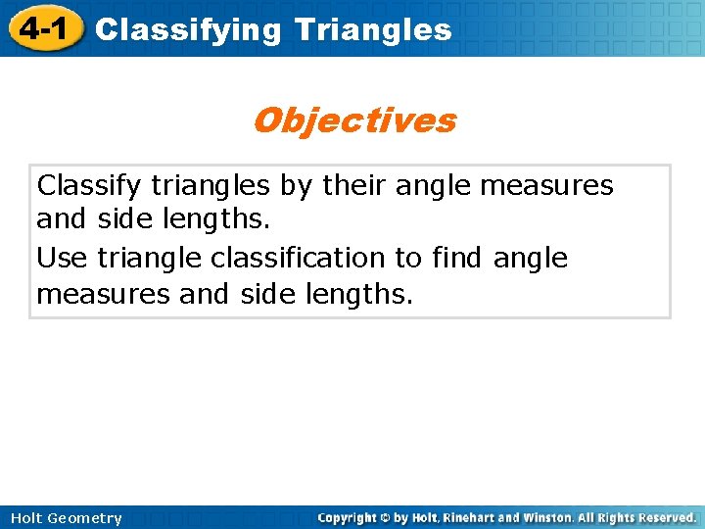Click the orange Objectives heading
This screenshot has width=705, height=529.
point(353,120)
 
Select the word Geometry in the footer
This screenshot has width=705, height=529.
point(86,518)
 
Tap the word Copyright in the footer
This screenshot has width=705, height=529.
point(351,517)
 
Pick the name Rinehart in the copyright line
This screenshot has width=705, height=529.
point(477,517)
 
